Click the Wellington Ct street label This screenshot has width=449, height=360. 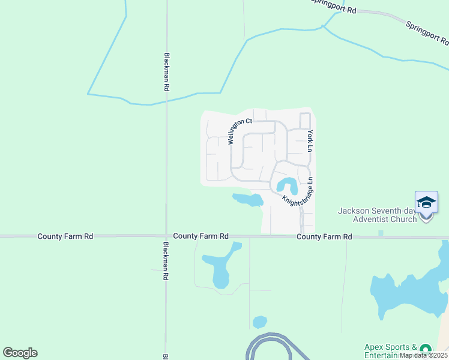pyautogui.click(x=240, y=131)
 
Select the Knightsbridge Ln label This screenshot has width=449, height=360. pyautogui.click(x=298, y=192)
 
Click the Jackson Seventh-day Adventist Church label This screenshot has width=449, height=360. pyautogui.click(x=377, y=215)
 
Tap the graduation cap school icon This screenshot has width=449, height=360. pyautogui.click(x=426, y=202)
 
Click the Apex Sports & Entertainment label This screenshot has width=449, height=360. pyautogui.click(x=391, y=351)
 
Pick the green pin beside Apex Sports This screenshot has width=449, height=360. pyautogui.click(x=426, y=349)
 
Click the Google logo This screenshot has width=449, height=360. pyautogui.click(x=20, y=353)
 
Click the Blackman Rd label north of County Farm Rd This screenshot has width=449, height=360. pyautogui.click(x=166, y=71)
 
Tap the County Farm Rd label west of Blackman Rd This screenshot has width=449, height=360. pyautogui.click(x=65, y=236)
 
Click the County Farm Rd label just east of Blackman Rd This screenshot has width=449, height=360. pyautogui.click(x=200, y=236)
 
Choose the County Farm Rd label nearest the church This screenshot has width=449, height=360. pyautogui.click(x=324, y=237)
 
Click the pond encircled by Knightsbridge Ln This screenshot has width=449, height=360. pyautogui.click(x=287, y=184)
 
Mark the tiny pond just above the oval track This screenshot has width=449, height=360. pyautogui.click(x=260, y=322)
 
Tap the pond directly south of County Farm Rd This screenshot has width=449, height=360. pyautogui.click(x=219, y=267)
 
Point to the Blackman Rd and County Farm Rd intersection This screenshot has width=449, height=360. pyautogui.click(x=166, y=236)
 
